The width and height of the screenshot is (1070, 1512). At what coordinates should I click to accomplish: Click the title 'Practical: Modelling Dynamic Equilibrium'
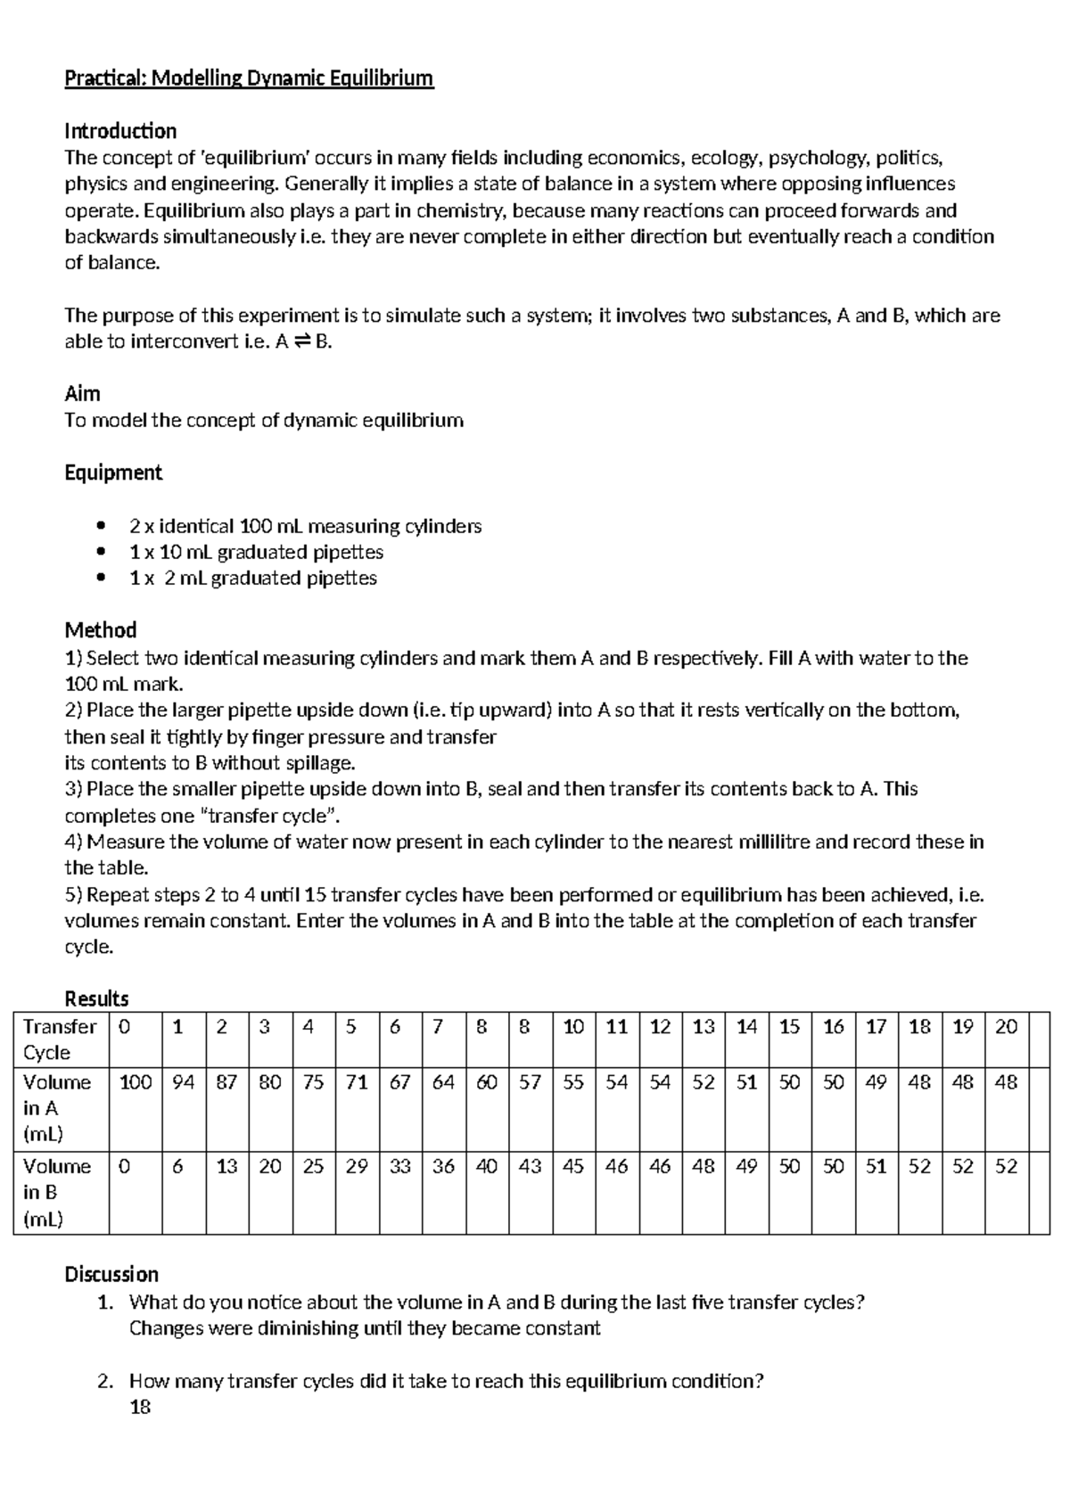[x=249, y=78]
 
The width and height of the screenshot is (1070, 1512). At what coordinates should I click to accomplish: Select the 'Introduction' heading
[x=120, y=131]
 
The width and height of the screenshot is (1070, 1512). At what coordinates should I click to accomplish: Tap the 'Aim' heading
[x=82, y=393]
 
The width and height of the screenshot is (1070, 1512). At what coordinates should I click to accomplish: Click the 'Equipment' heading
[x=113, y=472]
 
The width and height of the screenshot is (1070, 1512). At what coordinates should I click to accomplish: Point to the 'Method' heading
[x=100, y=630]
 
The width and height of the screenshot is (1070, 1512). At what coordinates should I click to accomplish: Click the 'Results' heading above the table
[x=96, y=998]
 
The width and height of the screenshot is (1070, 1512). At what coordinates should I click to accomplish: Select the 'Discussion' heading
[x=111, y=1274]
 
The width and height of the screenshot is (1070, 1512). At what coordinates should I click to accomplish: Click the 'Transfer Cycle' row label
[x=60, y=1039]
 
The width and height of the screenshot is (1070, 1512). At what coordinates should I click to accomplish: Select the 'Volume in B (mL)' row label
[x=57, y=1192]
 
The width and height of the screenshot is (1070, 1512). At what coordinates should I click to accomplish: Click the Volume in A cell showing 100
[x=136, y=1082]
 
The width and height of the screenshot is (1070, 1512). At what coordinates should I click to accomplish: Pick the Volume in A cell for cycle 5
[x=357, y=1082]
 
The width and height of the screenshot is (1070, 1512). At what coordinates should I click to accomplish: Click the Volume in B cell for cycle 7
[x=443, y=1166]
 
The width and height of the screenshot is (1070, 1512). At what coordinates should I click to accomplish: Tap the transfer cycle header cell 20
[x=1006, y=1027]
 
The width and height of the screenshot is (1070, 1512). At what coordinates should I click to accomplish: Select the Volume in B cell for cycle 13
[x=704, y=1166]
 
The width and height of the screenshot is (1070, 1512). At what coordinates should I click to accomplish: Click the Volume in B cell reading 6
[x=178, y=1166]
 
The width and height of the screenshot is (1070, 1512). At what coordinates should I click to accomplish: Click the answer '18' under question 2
[x=140, y=1407]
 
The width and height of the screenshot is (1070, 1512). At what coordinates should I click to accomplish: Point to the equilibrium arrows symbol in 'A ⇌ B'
[x=302, y=342]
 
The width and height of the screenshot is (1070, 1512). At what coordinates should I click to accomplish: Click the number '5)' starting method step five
[x=73, y=894]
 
